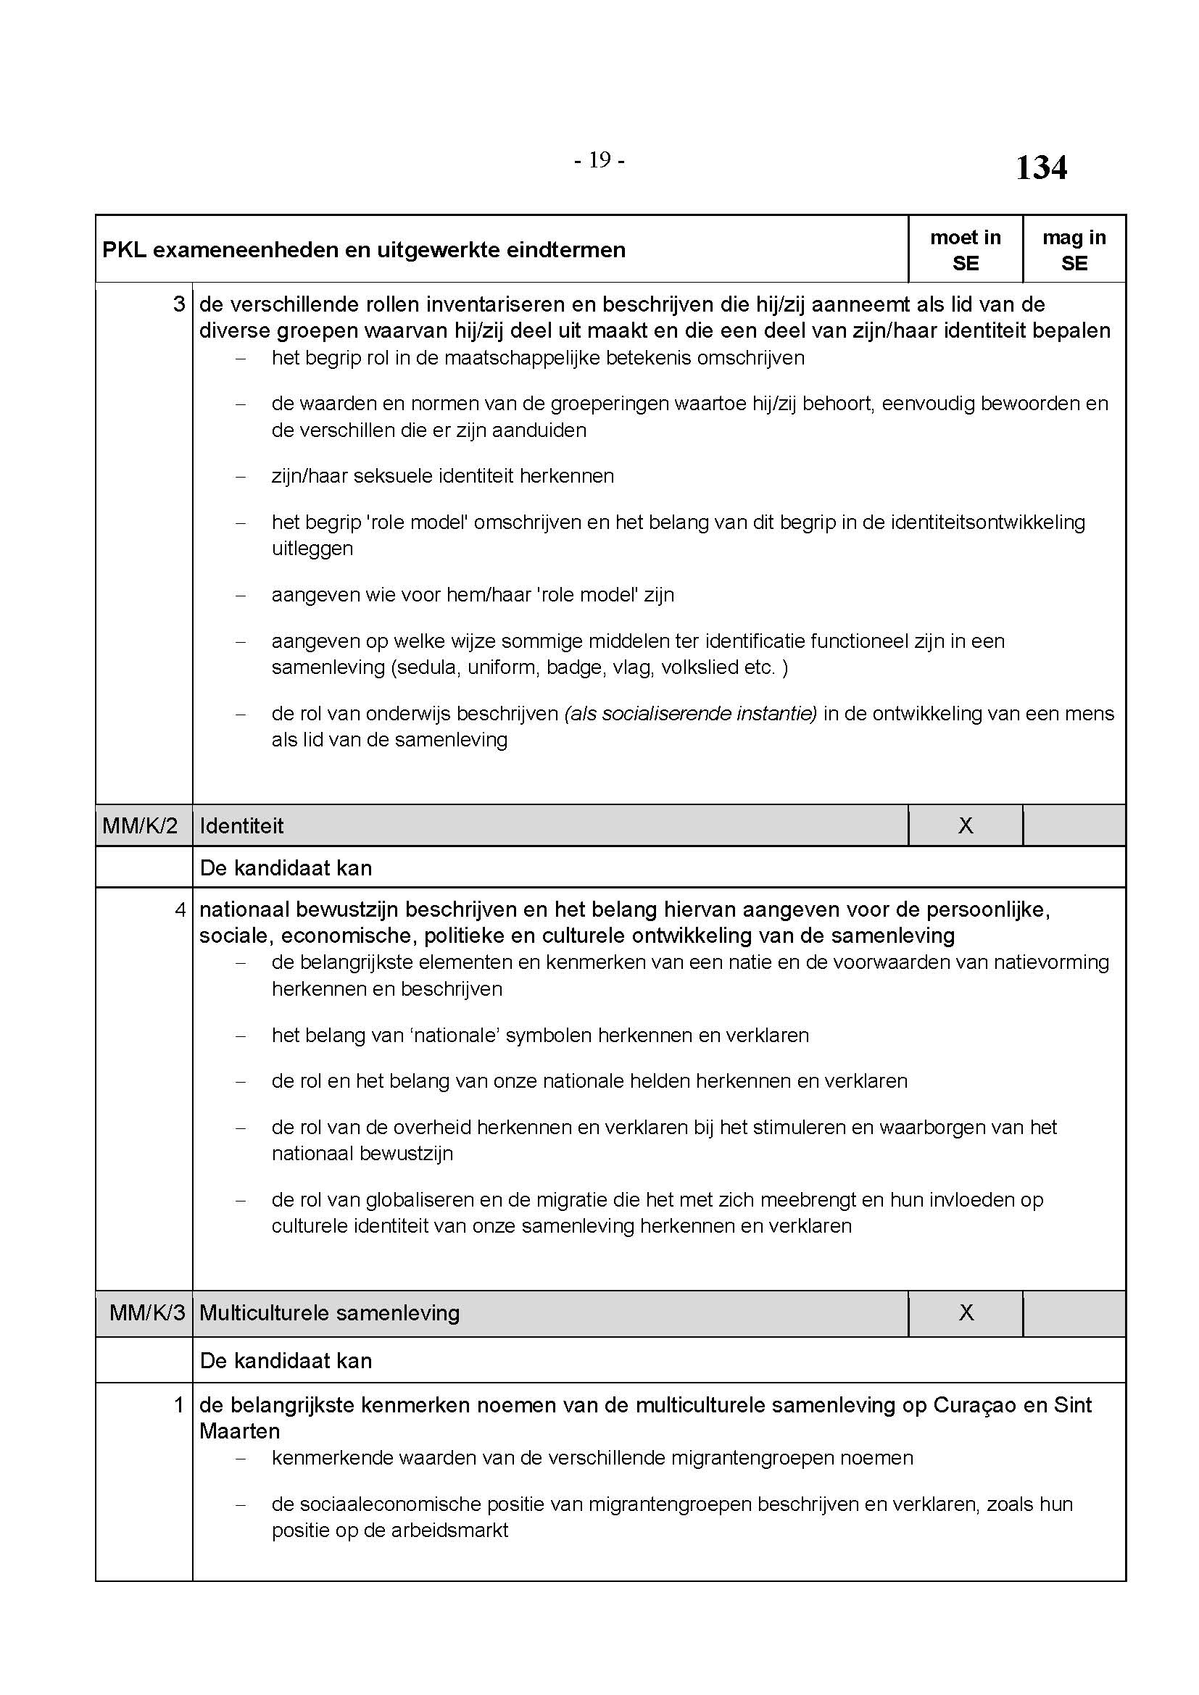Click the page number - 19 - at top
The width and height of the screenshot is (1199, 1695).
pyautogui.click(x=599, y=160)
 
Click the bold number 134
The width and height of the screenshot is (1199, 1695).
pyautogui.click(x=1041, y=168)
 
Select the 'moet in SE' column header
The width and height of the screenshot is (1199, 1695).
pyautogui.click(x=965, y=249)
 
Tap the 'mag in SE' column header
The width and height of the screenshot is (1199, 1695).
pyautogui.click(x=1074, y=249)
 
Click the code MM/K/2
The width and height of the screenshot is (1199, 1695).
pyautogui.click(x=141, y=825)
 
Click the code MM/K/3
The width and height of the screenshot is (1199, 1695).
pyautogui.click(x=147, y=1312)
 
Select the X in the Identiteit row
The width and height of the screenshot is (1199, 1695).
pyautogui.click(x=965, y=825)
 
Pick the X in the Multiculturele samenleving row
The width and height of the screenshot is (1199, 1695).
pyautogui.click(x=966, y=1312)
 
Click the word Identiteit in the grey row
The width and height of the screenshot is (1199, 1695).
pyautogui.click(x=241, y=825)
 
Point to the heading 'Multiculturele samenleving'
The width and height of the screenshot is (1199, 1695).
pyautogui.click(x=329, y=1312)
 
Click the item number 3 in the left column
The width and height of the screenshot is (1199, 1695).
pyautogui.click(x=178, y=304)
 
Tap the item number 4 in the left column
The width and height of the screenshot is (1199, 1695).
pyautogui.click(x=179, y=909)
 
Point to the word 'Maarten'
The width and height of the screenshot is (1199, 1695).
pyautogui.click(x=239, y=1430)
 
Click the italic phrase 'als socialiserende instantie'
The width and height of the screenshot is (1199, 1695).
pyautogui.click(x=690, y=714)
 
